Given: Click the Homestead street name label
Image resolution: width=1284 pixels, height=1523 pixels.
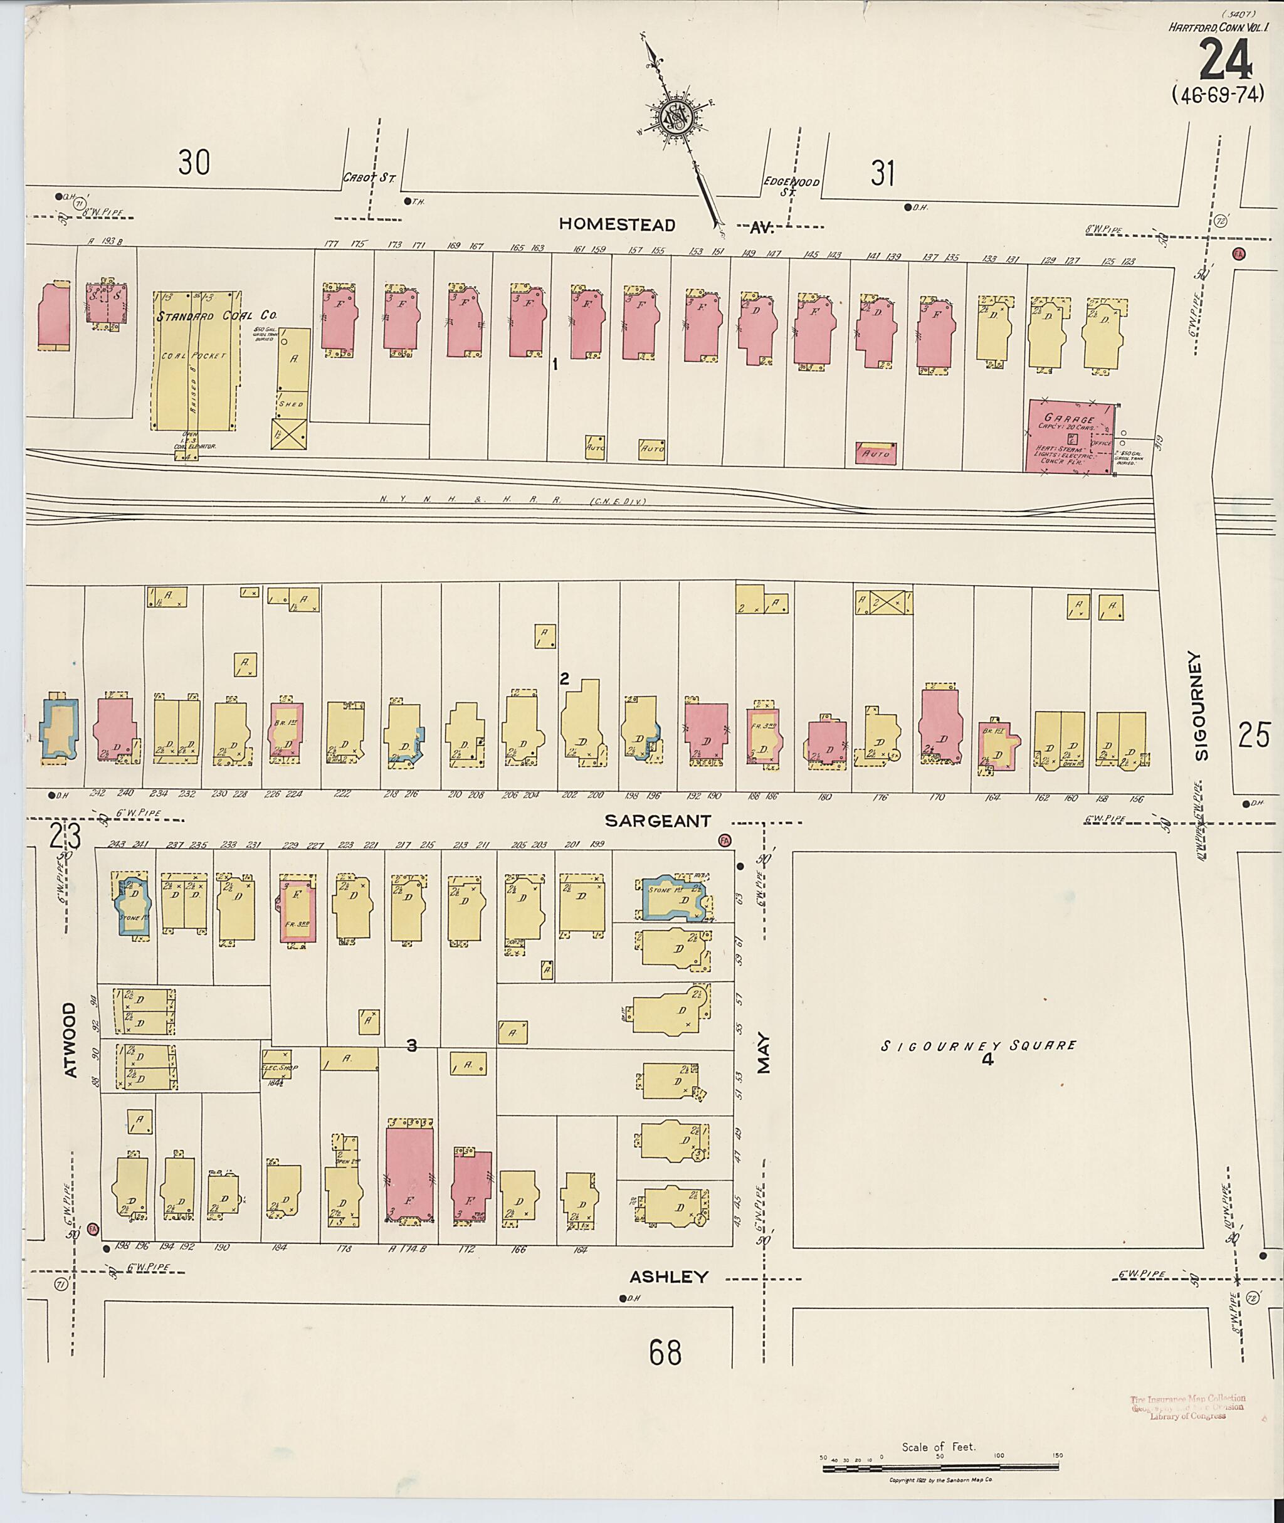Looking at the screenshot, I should click(x=618, y=224).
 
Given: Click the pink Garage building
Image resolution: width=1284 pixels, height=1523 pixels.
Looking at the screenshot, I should click(x=1070, y=435).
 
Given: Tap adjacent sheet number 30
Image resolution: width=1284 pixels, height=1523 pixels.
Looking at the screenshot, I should click(x=194, y=162).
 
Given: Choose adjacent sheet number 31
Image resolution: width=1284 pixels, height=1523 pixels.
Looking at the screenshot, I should click(x=882, y=173).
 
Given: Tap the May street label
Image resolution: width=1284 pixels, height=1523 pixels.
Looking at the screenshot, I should click(x=763, y=1054).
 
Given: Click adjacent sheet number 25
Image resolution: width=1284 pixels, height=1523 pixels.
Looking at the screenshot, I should click(x=1254, y=734).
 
